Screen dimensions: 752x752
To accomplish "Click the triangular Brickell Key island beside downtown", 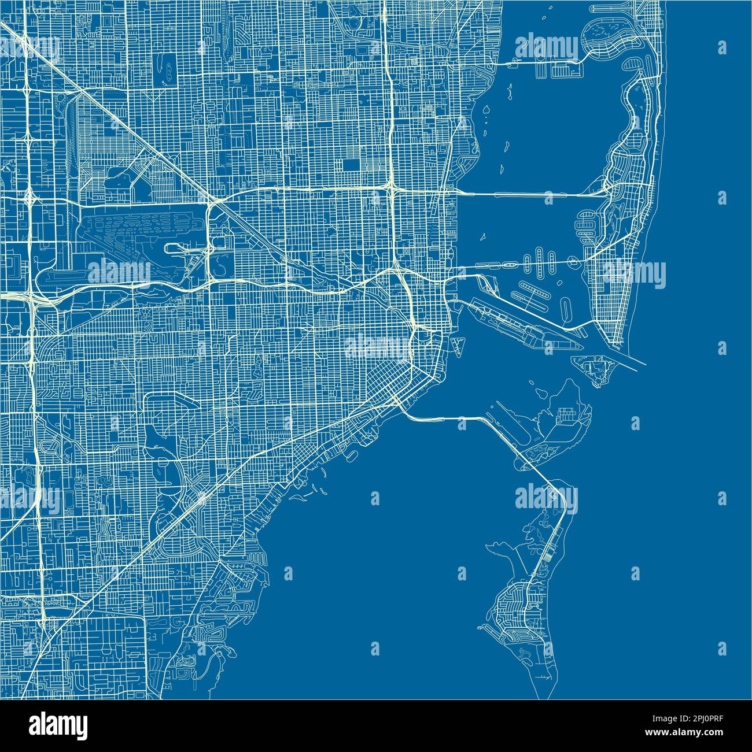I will pyautogui.click(x=458, y=346).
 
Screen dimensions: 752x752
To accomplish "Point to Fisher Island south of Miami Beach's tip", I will pyautogui.click(x=593, y=369).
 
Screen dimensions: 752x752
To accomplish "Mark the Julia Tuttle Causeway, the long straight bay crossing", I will pyautogui.click(x=521, y=194).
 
